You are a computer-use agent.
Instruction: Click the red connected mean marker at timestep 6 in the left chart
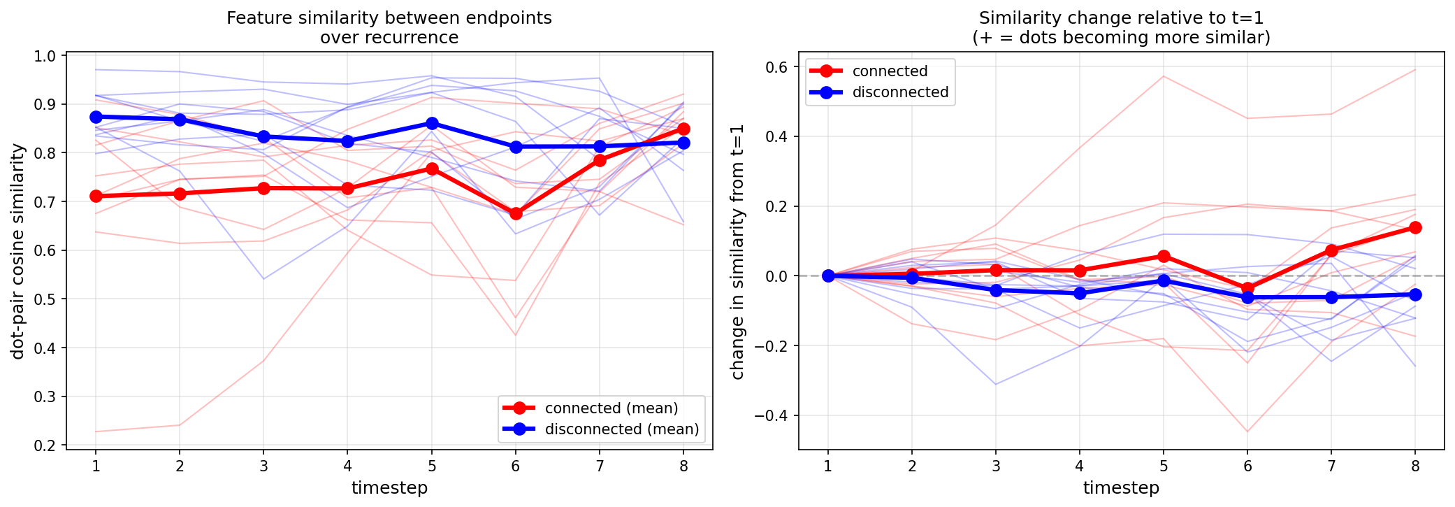click(516, 213)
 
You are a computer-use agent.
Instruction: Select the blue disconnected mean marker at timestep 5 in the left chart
click(432, 124)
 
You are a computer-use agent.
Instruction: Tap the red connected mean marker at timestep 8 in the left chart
click(683, 129)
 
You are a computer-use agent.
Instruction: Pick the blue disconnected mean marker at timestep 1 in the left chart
click(96, 117)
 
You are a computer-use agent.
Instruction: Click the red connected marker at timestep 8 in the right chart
click(1415, 227)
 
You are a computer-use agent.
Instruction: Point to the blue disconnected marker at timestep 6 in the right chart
click(1247, 298)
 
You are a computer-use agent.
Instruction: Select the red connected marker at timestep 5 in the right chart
click(1164, 256)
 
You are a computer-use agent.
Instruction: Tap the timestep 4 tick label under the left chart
click(347, 466)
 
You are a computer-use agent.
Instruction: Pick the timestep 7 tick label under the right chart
click(1331, 466)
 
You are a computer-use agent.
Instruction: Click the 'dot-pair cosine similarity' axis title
click(18, 251)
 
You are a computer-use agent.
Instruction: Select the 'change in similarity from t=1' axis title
click(737, 252)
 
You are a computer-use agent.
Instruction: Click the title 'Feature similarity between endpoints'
click(389, 18)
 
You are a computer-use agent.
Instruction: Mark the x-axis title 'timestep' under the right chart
click(1121, 488)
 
